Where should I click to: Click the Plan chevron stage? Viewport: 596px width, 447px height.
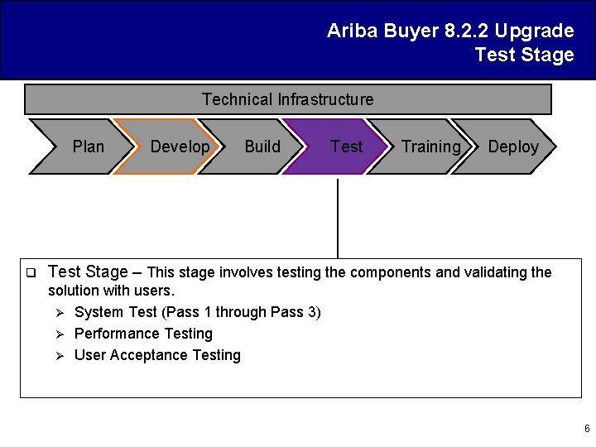click(83, 147)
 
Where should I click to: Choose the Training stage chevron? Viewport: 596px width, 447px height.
click(426, 147)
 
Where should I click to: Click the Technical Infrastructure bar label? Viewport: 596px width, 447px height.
click(287, 99)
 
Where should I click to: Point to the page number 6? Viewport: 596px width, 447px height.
click(587, 429)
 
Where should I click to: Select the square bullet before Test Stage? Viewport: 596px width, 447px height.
click(29, 272)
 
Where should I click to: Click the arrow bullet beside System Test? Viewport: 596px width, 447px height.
click(59, 312)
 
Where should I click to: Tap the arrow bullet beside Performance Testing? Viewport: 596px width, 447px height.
click(59, 334)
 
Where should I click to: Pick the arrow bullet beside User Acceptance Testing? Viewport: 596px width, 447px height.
click(59, 355)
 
